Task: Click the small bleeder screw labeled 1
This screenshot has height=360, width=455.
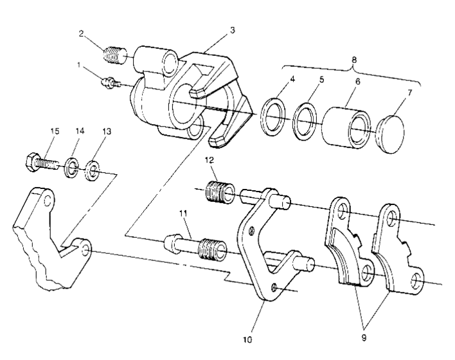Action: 108,82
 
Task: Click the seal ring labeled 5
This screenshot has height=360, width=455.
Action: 305,120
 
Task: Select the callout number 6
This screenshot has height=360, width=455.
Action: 357,82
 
